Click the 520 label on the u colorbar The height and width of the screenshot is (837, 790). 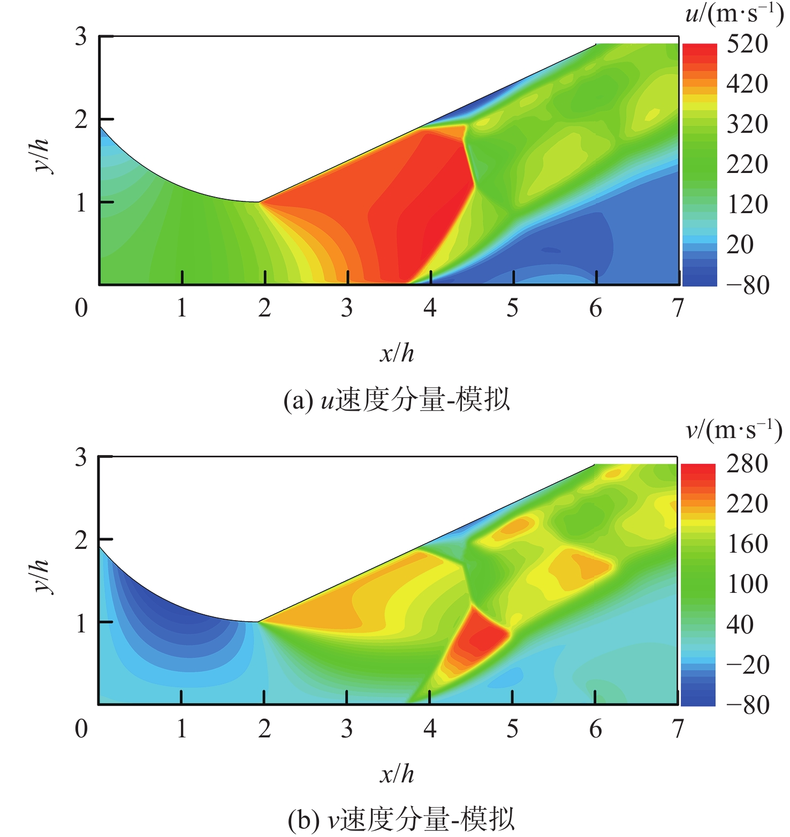coord(747,44)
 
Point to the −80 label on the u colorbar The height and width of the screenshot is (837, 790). coord(747,285)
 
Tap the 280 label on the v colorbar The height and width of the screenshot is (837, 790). coord(747,464)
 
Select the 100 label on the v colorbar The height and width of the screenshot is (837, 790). coord(747,584)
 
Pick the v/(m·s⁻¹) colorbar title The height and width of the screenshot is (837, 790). coord(734,430)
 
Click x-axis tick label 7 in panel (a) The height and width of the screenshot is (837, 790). coord(678,308)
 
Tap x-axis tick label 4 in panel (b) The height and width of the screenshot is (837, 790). coord(430,728)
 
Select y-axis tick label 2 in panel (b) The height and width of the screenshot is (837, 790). coord(81,540)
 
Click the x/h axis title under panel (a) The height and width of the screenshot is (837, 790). coord(397,353)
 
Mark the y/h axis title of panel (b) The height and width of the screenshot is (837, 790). coord(42,576)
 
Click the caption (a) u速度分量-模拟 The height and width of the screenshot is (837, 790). coord(397,400)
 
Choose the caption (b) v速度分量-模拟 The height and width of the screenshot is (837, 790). coord(401,820)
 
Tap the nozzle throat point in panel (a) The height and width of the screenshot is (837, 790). coord(259,202)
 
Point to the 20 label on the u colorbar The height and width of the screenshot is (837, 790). coord(740,245)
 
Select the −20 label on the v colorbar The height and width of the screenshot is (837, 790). coord(747,665)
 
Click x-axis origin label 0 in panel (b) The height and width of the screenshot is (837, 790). coord(81,728)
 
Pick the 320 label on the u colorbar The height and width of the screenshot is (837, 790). coord(747,124)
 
